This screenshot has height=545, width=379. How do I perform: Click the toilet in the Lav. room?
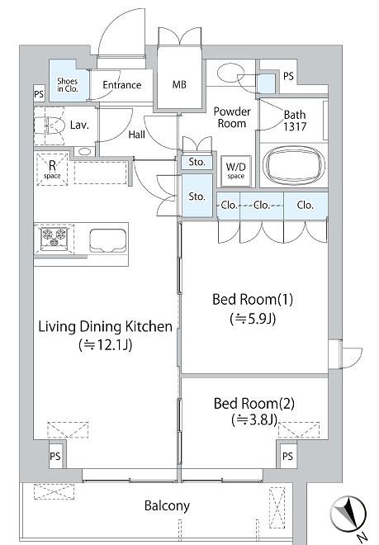pos(49,126)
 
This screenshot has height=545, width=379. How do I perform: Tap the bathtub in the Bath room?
pos(294,165)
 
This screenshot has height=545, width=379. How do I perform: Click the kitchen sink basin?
pos(108,240)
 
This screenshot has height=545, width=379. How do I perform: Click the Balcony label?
pos(167,505)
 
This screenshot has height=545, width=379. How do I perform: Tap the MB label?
pos(179,84)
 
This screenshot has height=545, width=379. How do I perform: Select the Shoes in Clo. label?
pos(68,85)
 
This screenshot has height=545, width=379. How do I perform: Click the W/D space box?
pos(236,171)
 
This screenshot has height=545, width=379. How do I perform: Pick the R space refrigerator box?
pos(52,169)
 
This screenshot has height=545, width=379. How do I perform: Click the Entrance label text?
pos(121,85)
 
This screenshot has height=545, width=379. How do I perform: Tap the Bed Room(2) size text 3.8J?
pos(254,419)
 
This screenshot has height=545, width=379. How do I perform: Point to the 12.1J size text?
pos(106,344)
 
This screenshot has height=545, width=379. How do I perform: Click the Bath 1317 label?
pos(295,121)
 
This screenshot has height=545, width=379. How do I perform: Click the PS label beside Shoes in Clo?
pos(39,94)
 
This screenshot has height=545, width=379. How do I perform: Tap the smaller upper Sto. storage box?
pos(197,163)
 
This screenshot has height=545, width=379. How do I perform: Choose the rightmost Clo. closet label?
pos(305,205)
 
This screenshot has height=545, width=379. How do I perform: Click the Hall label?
pos(136,135)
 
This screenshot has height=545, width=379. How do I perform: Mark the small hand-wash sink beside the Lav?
pos(83,152)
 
